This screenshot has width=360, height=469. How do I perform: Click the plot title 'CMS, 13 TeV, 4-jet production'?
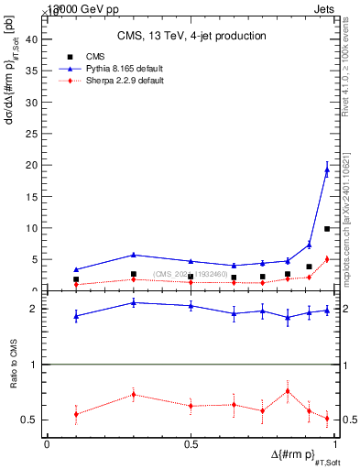[191, 37]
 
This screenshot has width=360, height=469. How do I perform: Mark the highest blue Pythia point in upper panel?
[327, 169]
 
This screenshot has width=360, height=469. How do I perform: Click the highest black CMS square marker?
[327, 229]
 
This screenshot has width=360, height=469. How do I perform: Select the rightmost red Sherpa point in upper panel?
[327, 259]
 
